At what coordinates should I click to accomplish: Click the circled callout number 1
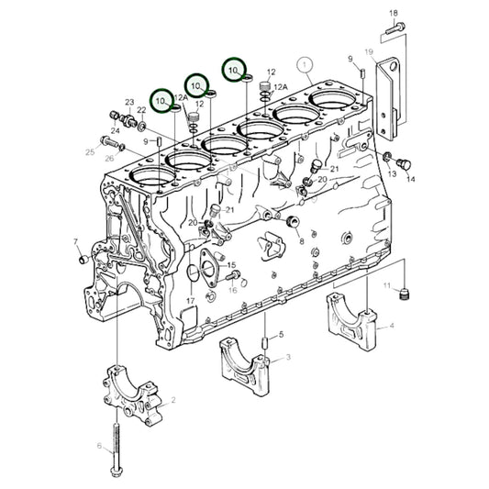click(305, 65)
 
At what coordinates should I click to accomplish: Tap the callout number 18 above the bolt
click(394, 13)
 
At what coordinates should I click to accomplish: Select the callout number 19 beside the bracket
click(368, 52)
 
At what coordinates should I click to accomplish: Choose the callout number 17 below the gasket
click(190, 300)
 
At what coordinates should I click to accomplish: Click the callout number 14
click(410, 179)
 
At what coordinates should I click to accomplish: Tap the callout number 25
click(90, 150)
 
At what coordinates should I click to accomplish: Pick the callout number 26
click(110, 158)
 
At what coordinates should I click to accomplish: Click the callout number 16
click(233, 290)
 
